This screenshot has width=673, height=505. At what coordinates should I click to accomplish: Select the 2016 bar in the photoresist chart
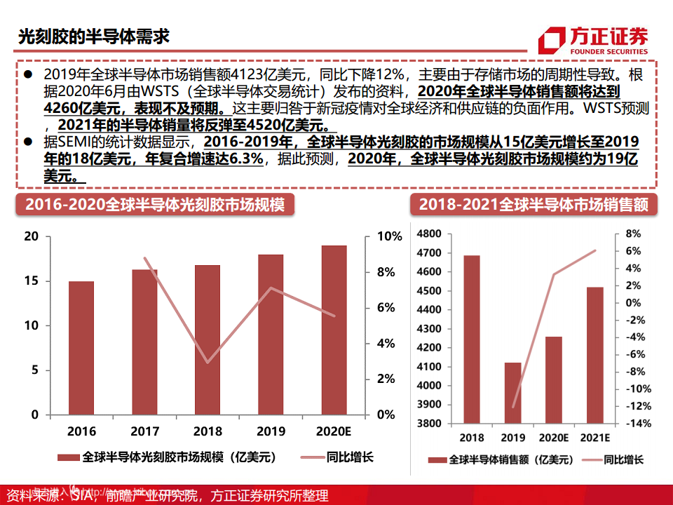tap(81, 348)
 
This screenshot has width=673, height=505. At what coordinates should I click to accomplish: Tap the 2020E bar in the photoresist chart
tap(334, 330)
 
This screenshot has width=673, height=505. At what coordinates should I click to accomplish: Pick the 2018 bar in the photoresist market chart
tap(208, 339)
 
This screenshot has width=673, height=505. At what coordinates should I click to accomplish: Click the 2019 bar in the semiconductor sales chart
tap(512, 393)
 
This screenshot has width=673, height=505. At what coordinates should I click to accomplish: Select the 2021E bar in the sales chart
tap(594, 355)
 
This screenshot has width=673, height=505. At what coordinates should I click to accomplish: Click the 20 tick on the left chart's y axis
tap(31, 236)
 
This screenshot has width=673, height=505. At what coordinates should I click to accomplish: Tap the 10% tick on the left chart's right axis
tap(388, 236)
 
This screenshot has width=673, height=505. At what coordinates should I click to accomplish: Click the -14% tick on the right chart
tap(633, 424)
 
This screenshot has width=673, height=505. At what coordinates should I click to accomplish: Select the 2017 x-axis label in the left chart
tap(144, 431)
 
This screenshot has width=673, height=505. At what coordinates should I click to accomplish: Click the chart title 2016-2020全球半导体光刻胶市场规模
tap(155, 205)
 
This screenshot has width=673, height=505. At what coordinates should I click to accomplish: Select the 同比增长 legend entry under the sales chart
tap(623, 460)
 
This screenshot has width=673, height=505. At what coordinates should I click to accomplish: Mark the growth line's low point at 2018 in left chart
tap(207, 363)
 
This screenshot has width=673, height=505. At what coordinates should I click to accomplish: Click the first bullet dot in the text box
tap(27, 74)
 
